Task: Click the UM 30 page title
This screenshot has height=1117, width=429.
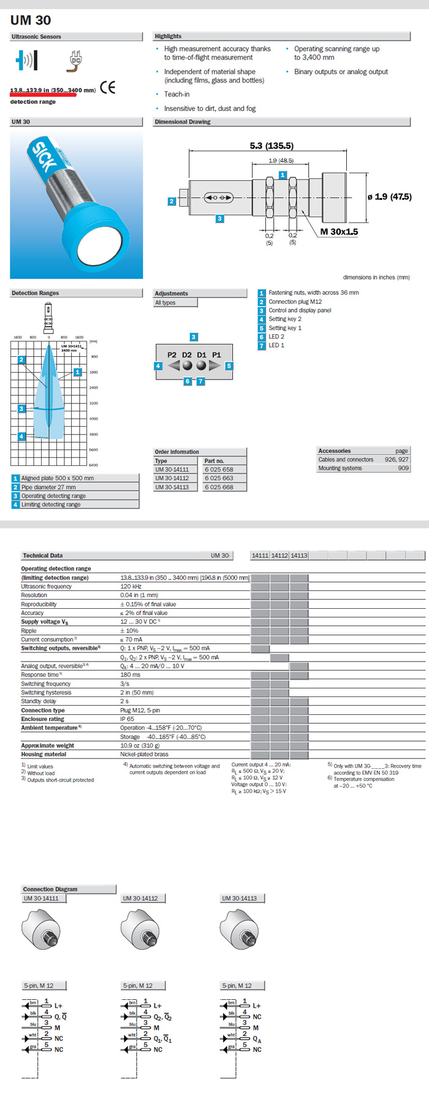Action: pyautogui.click(x=31, y=20)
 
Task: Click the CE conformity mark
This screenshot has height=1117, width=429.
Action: pyautogui.click(x=108, y=87)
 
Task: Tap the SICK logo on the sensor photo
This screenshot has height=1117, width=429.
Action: pyautogui.click(x=45, y=156)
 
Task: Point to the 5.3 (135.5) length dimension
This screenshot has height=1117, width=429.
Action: pyautogui.click(x=271, y=146)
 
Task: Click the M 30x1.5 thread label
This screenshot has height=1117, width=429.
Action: pyautogui.click(x=339, y=232)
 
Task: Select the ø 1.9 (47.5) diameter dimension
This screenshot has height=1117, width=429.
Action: pyautogui.click(x=389, y=197)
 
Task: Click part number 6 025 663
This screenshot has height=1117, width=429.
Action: pyautogui.click(x=219, y=478)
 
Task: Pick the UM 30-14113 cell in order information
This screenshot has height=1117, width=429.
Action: pyautogui.click(x=172, y=487)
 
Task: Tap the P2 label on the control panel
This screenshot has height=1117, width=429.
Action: pyautogui.click(x=172, y=355)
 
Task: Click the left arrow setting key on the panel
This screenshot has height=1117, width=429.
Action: pyautogui.click(x=174, y=366)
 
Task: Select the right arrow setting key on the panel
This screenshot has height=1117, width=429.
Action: pyautogui.click(x=214, y=366)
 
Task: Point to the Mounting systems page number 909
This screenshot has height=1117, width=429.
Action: pyautogui.click(x=403, y=468)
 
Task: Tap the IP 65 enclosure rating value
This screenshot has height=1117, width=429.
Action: pyautogui.click(x=127, y=719)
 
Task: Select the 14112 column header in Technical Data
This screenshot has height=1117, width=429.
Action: pyautogui.click(x=279, y=555)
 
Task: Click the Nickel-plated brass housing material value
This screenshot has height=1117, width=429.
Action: pyautogui.click(x=144, y=755)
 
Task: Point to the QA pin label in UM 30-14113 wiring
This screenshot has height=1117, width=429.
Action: pyautogui.click(x=257, y=1038)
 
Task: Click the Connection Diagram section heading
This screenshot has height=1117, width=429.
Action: pyautogui.click(x=50, y=889)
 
